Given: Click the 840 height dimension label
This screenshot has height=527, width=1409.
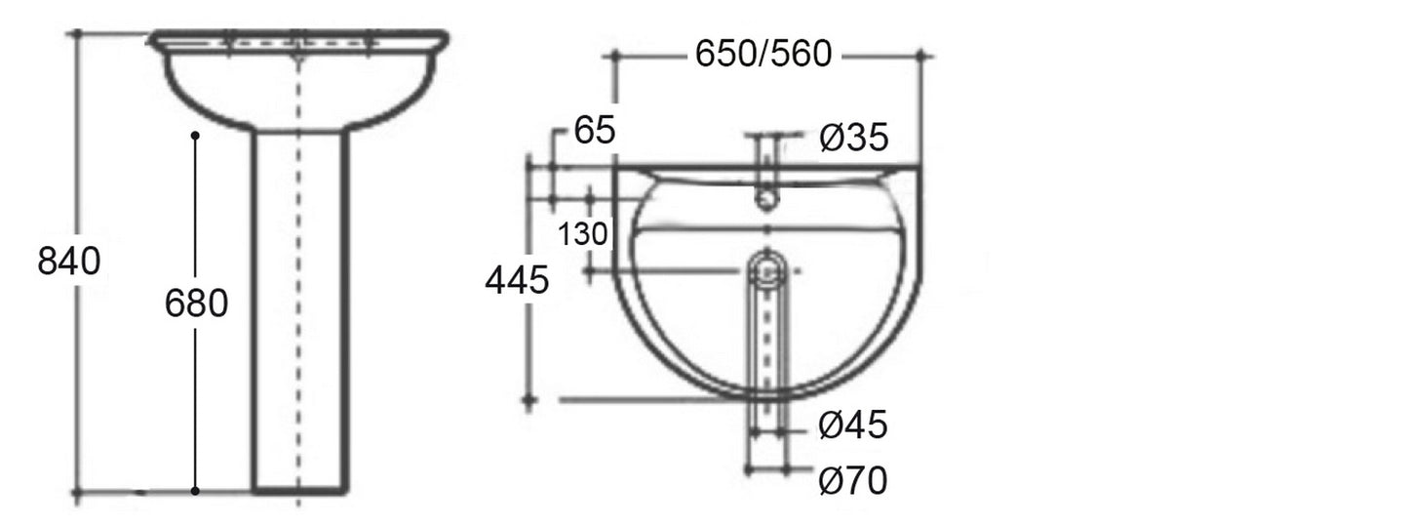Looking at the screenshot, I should pyautogui.click(x=69, y=262).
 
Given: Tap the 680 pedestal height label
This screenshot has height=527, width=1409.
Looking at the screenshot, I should pyautogui.click(x=196, y=304).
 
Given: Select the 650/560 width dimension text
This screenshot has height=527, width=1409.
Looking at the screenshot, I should pyautogui.click(x=763, y=56).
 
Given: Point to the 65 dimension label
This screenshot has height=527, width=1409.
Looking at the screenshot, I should pyautogui.click(x=595, y=131).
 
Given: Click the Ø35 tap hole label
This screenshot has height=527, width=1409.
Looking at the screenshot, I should pyautogui.click(x=853, y=139).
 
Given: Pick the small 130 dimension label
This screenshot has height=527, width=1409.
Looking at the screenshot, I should pyautogui.click(x=583, y=234).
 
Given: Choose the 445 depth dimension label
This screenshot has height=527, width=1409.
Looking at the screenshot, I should pyautogui.click(x=517, y=281).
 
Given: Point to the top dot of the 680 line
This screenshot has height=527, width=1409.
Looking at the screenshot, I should pyautogui.click(x=196, y=135).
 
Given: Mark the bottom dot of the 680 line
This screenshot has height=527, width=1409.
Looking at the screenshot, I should pyautogui.click(x=196, y=491).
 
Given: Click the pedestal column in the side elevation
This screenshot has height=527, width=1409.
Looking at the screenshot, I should pyautogui.click(x=299, y=312).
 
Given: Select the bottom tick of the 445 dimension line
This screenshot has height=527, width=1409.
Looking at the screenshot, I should pyautogui.click(x=529, y=400).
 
